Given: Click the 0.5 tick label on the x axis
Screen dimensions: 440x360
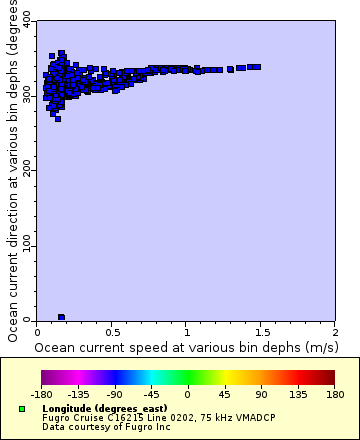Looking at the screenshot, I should coord(112,332).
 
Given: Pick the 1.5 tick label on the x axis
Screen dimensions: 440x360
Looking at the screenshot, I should coord(261,332).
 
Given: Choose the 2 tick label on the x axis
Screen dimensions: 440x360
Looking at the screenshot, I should coord(335,332).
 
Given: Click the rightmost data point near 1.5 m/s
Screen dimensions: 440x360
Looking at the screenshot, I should coord(257,67).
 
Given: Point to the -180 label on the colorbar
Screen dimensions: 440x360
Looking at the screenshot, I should coord(42,395).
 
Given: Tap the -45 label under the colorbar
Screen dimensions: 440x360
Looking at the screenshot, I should coord(150,395).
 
